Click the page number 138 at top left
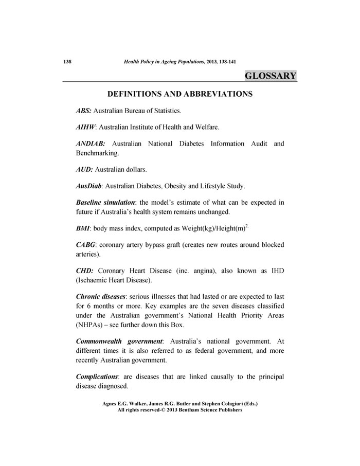click(66, 61)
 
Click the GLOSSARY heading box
click(271, 76)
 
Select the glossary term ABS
click(84, 111)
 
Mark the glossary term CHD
click(84, 270)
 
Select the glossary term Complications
click(100, 376)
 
